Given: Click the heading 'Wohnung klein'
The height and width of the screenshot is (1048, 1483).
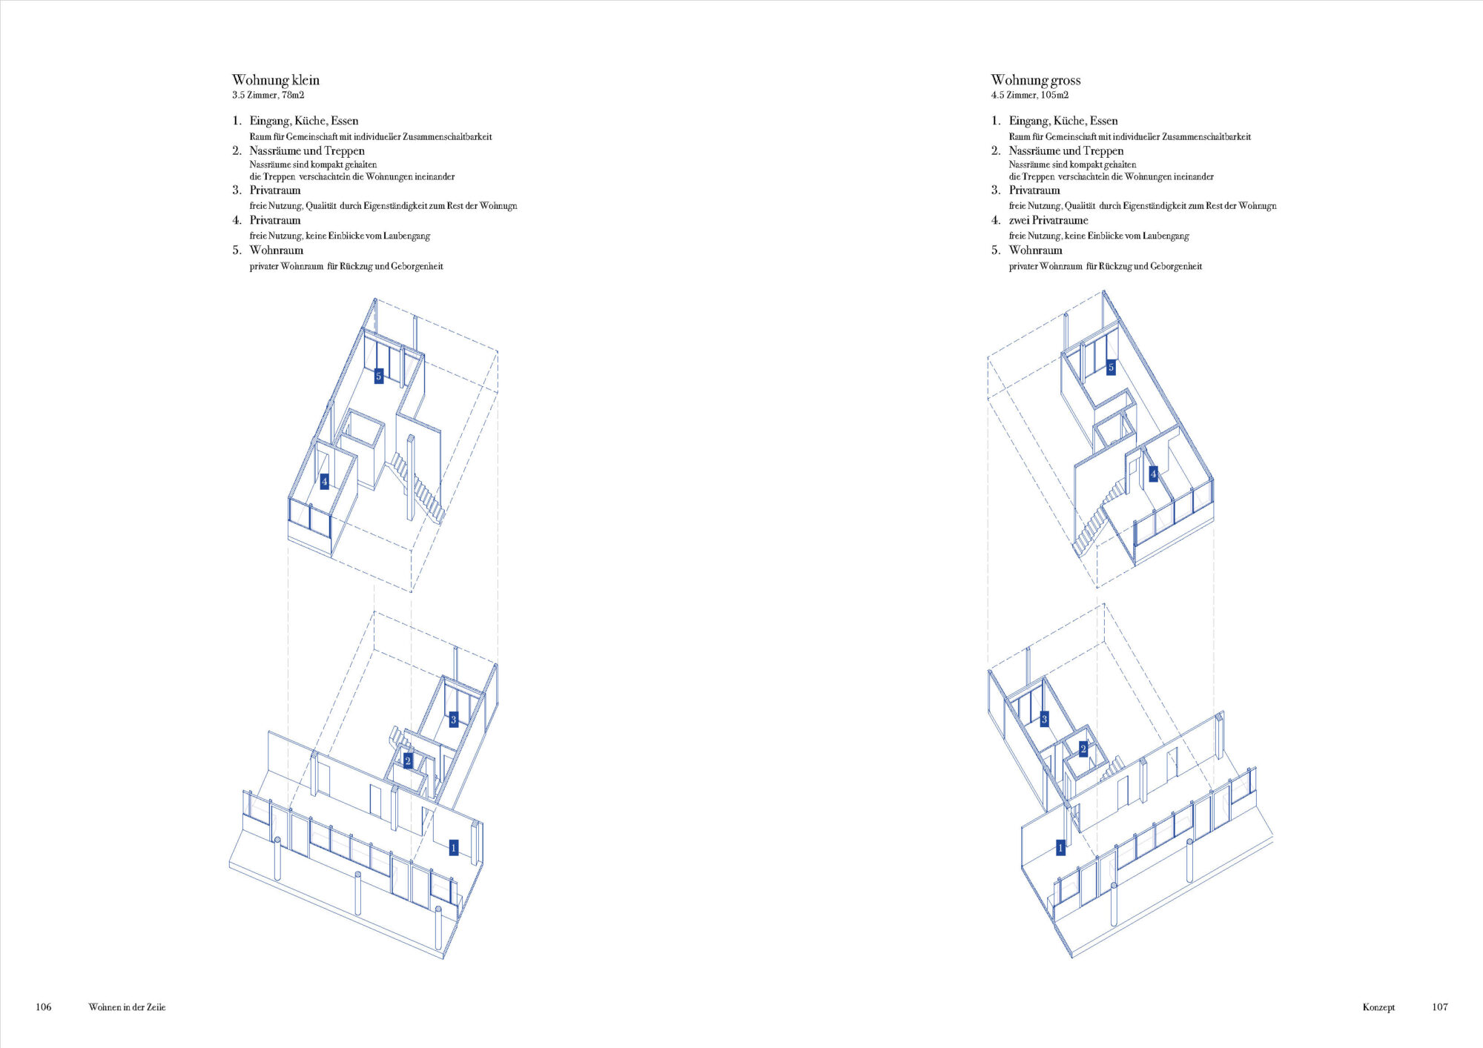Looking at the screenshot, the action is coord(276,80).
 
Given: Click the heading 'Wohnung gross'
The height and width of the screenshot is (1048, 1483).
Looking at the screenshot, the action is coord(1036,80).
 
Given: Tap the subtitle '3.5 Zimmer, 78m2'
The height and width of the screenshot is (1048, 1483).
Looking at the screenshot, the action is coord(268,95).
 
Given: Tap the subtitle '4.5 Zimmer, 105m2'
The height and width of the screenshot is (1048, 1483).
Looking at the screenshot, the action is coord(1030,95).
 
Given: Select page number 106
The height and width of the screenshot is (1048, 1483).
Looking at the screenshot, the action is coord(44,1006).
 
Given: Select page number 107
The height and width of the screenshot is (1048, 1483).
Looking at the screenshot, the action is coord(1440,1006).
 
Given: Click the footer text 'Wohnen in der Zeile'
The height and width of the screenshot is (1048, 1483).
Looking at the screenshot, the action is coord(127,1007).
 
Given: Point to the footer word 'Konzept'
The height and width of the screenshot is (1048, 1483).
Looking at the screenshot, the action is coord(1378,1007).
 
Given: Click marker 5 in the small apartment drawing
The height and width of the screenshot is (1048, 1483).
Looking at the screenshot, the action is coord(378,377).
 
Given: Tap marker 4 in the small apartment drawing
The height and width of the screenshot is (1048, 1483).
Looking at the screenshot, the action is coord(324,482).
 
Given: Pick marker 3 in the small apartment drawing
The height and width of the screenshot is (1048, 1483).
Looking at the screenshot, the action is coord(454,719).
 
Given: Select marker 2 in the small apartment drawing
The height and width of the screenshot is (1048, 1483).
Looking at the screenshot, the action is coord(407,761).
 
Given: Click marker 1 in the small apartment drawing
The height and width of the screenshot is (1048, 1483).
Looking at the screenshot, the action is coord(454,847).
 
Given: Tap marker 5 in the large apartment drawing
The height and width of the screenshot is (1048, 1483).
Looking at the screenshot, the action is coord(1111,368).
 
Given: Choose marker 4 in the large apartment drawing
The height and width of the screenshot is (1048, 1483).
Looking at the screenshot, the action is coord(1153,474).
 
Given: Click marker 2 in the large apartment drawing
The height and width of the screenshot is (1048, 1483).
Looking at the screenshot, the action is coord(1083,749).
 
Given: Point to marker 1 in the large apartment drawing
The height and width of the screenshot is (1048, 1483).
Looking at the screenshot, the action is coord(1060,847).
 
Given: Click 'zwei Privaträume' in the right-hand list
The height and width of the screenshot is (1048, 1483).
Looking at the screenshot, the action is coord(1048,220).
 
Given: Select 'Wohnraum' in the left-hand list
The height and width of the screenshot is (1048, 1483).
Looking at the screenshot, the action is coord(277,251).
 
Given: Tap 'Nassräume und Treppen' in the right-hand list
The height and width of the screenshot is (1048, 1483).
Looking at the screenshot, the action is coord(1066,151).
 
